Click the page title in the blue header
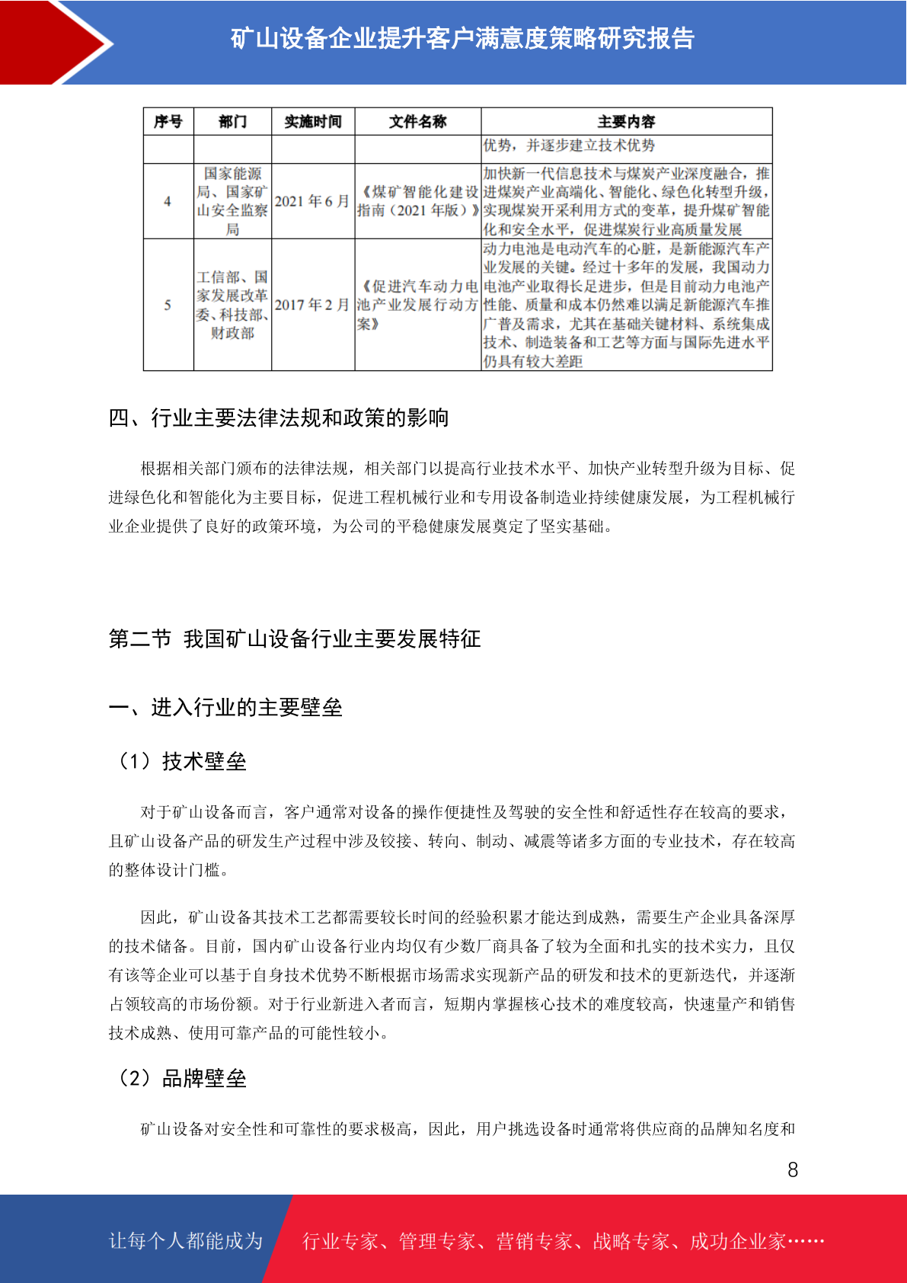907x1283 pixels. [462, 38]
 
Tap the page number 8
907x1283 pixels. [793, 1169]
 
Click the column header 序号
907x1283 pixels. [168, 122]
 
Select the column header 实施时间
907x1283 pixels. [313, 122]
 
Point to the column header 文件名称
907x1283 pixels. [417, 122]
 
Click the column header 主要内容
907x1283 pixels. [626, 122]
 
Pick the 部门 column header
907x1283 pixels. [232, 122]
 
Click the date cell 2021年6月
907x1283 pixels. [312, 201]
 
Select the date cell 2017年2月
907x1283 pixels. [312, 305]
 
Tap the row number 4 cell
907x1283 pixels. [168, 202]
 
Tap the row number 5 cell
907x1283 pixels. [168, 305]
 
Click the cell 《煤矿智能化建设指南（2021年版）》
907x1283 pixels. [417, 201]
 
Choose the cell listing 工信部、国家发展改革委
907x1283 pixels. [232, 305]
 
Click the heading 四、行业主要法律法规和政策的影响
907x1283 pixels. [279, 418]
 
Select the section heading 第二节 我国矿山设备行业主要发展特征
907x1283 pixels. [295, 638]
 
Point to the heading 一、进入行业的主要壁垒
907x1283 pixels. [225, 707]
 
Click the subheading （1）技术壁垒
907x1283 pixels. [181, 761]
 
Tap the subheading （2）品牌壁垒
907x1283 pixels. [181, 1078]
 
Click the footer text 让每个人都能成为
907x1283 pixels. [186, 1241]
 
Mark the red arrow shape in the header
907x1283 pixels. [53, 42]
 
